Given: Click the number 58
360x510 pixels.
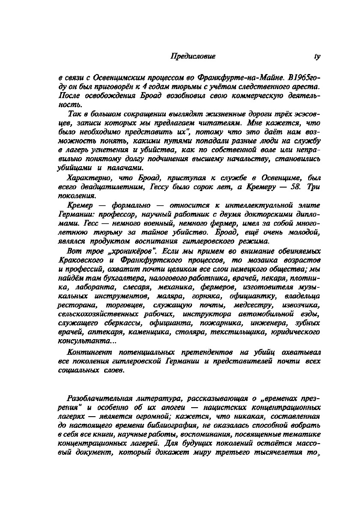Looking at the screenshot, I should tap(297, 187).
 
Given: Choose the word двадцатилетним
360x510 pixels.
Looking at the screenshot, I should tap(114, 187).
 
